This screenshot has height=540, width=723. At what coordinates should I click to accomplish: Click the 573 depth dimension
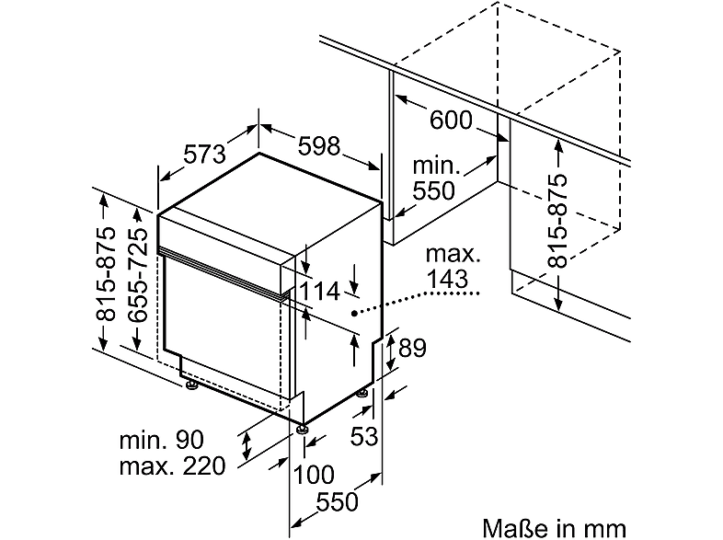pyautogui.click(x=205, y=154)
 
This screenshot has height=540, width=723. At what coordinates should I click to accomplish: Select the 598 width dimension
pyautogui.click(x=318, y=146)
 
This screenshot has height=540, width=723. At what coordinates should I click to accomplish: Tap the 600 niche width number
pyautogui.click(x=451, y=121)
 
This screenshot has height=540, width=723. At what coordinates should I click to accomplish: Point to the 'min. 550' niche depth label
pyautogui.click(x=435, y=178)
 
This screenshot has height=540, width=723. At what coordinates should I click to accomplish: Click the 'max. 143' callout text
pyautogui.click(x=453, y=267)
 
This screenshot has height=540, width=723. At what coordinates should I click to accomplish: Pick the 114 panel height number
pyautogui.click(x=319, y=292)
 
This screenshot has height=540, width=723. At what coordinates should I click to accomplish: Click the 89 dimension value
pyautogui.click(x=412, y=348)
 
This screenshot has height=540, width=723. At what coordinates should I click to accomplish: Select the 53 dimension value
pyautogui.click(x=364, y=436)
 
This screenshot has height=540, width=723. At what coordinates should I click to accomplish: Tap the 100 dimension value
pyautogui.click(x=314, y=475)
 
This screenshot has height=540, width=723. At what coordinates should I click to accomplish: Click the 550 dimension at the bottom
pyautogui.click(x=337, y=501)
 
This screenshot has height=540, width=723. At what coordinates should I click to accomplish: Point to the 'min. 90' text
pyautogui.click(x=161, y=440)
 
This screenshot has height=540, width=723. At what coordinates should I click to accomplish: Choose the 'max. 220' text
pyautogui.click(x=172, y=466)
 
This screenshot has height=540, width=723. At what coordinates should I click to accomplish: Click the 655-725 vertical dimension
pyautogui.click(x=137, y=274)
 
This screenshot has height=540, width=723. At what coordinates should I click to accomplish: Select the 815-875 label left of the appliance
pyautogui.click(x=105, y=274)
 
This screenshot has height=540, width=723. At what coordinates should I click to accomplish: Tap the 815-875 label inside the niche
pyautogui.click(x=557, y=221)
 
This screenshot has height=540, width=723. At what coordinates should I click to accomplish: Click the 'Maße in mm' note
pyautogui.click(x=555, y=527)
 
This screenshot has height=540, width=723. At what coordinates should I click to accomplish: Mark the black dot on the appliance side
pyautogui.click(x=354, y=314)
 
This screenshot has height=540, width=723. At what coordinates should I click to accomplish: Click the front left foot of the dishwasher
pyautogui.click(x=191, y=385)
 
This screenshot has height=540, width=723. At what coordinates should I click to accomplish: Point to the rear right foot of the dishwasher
pyautogui.click(x=363, y=395)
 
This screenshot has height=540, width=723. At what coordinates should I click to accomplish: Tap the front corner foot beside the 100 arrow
pyautogui.click(x=302, y=429)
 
